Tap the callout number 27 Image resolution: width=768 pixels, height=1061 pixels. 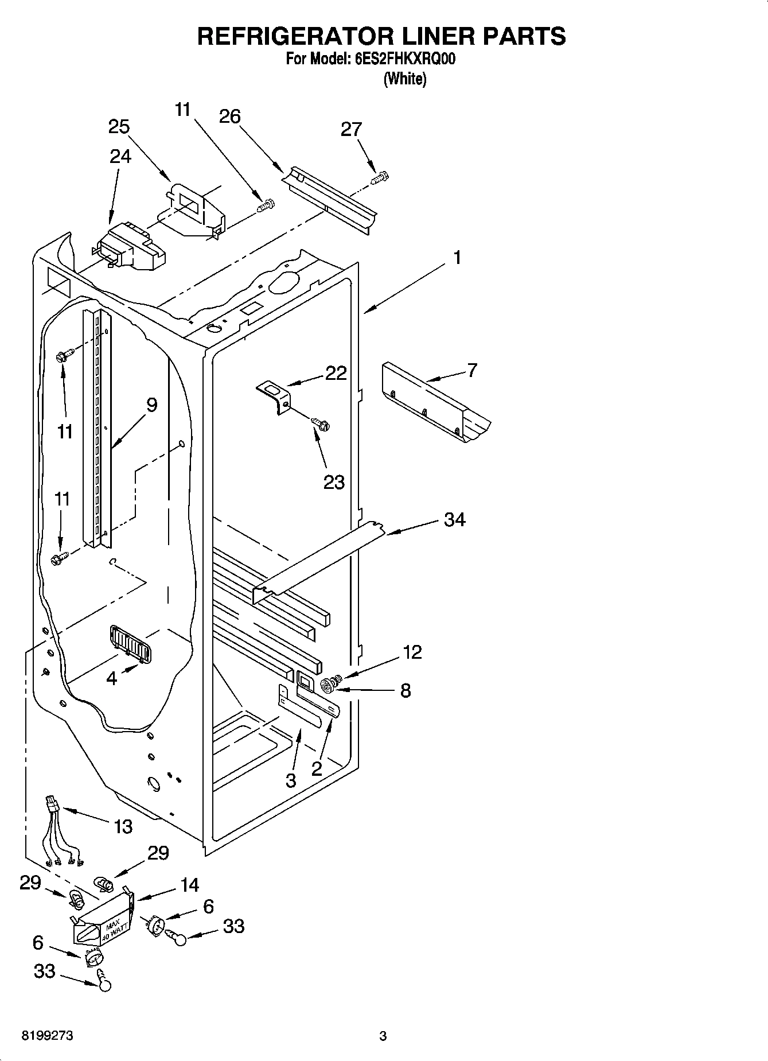point(351,130)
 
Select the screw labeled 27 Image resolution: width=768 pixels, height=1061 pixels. point(380,178)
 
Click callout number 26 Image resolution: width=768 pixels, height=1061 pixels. point(229,116)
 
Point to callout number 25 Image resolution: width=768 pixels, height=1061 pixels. point(119,127)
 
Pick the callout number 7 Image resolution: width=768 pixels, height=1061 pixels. point(471,371)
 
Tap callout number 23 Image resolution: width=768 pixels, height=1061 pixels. point(334,481)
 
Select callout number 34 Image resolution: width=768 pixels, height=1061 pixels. point(454,519)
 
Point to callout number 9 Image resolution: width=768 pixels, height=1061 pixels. point(151,405)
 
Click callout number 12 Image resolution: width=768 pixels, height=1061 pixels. point(412,652)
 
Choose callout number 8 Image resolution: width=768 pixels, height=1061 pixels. point(406,690)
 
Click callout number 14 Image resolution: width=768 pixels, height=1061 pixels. point(189,885)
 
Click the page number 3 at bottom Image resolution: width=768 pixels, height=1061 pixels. point(383,1036)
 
